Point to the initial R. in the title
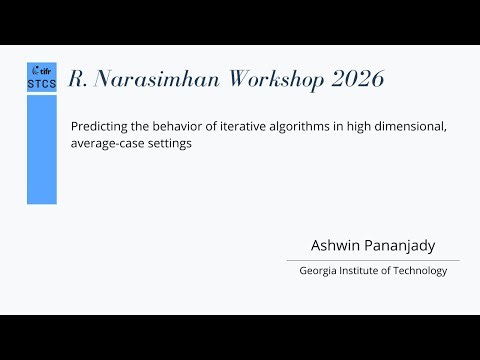click(77, 81)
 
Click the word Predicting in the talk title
click(97, 127)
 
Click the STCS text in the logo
click(42, 85)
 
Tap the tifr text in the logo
click(45, 71)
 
